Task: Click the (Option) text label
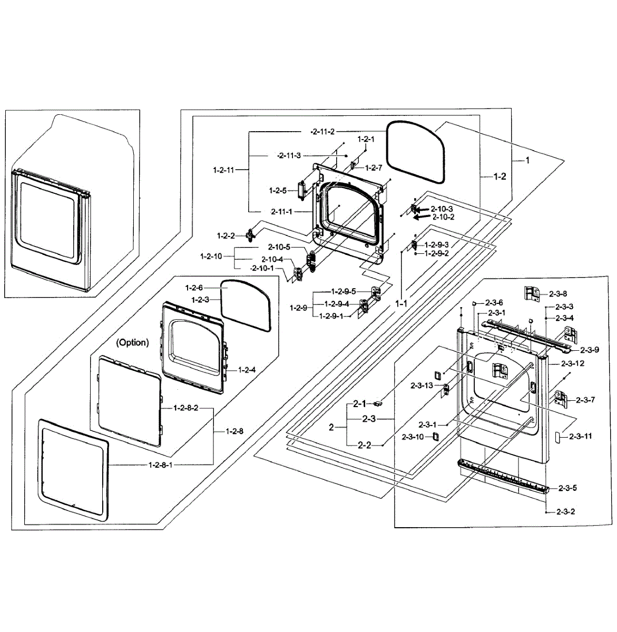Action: (133, 342)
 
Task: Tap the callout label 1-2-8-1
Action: (161, 465)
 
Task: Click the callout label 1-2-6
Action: (195, 288)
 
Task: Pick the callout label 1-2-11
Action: (223, 170)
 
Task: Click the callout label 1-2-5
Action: (277, 190)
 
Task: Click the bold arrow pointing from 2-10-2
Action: (422, 216)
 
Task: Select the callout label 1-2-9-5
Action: (344, 291)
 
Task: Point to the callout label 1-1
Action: (401, 303)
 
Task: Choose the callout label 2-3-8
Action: (558, 293)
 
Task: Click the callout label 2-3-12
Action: (573, 363)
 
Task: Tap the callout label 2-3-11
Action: (580, 436)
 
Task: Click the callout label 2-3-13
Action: (422, 386)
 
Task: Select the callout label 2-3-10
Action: (413, 437)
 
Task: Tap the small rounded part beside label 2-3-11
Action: (556, 437)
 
